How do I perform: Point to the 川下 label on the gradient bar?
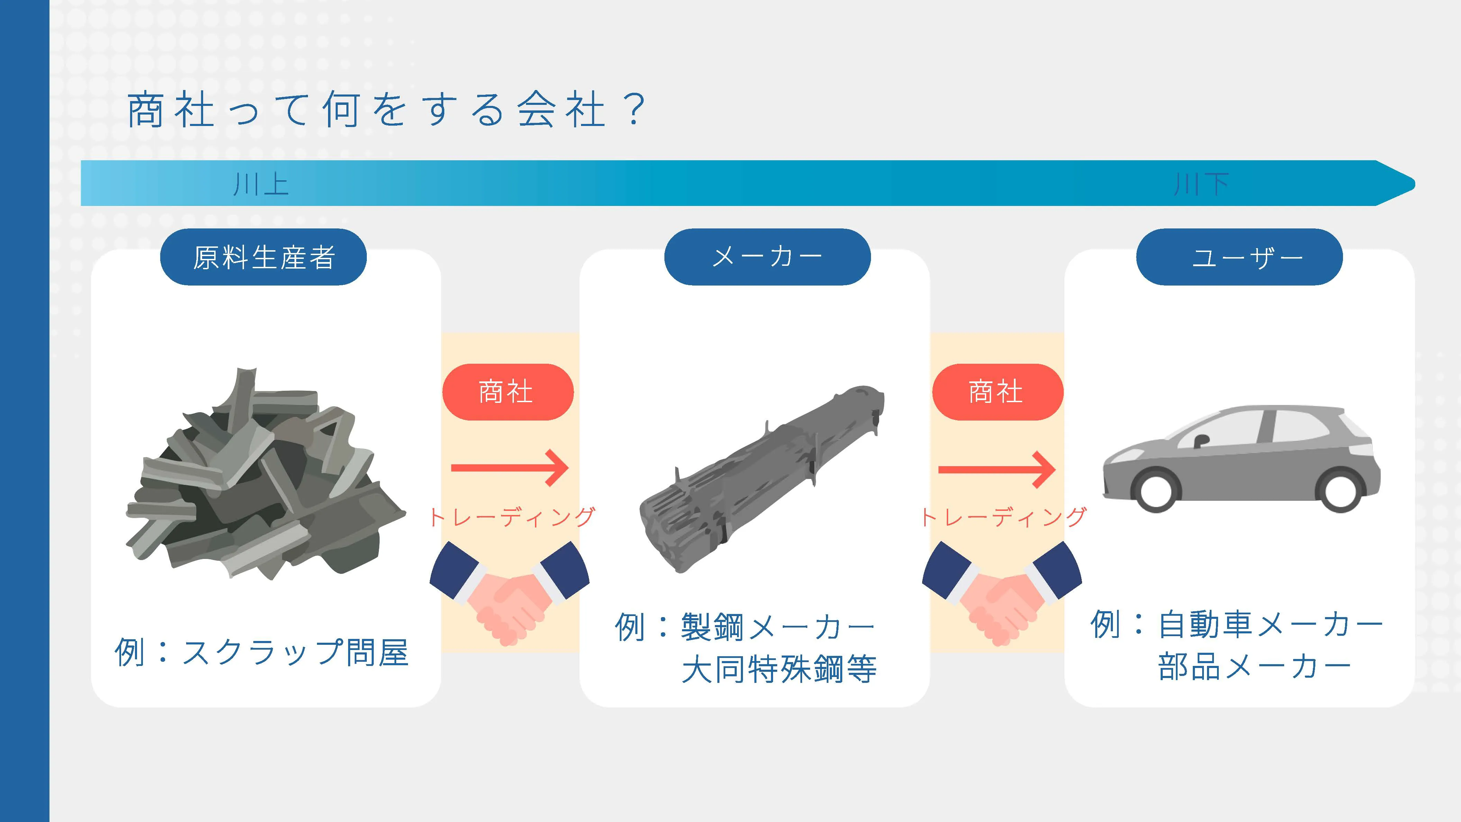coord(1201,184)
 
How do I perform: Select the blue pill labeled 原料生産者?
coord(264,257)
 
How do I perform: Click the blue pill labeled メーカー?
coord(768,257)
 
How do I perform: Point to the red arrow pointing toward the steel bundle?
coord(510,468)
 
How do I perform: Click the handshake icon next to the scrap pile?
coord(510,593)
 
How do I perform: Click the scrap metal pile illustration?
coord(265,474)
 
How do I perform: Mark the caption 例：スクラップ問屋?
coord(262,652)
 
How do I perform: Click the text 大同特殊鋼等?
coord(779,669)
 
